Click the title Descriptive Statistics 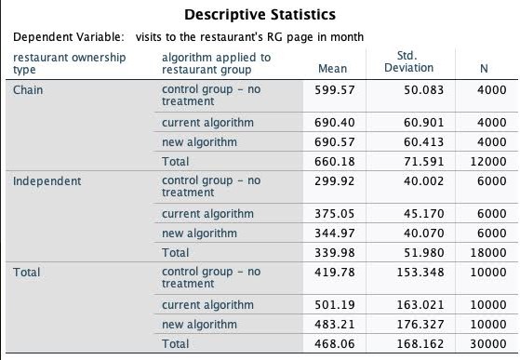click(260, 15)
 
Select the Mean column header click(332, 69)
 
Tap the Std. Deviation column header click(408, 61)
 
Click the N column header click(483, 69)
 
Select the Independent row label click(47, 180)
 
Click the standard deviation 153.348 click(416, 272)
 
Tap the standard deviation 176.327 click(416, 324)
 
